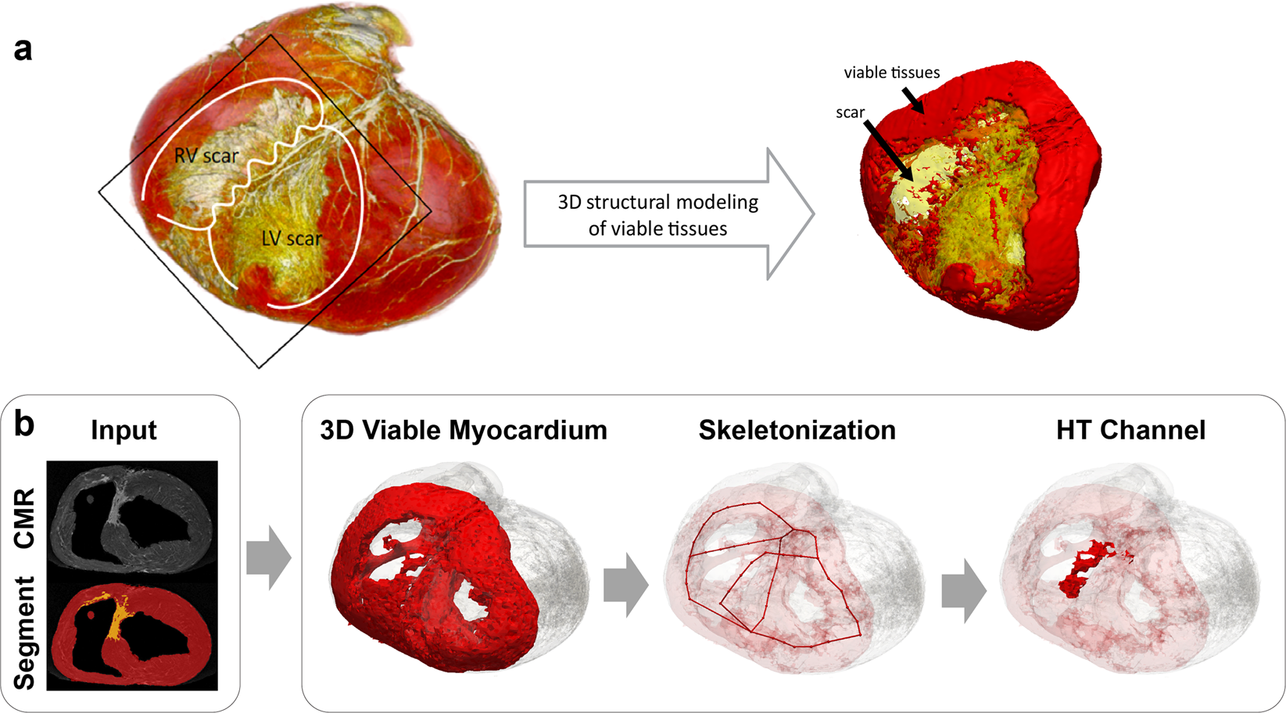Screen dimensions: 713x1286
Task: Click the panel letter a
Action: [x=23, y=49]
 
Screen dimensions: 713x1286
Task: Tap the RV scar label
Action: [x=206, y=156]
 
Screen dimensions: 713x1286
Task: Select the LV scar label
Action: [x=291, y=238]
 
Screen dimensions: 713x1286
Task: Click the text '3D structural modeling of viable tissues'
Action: [x=657, y=215]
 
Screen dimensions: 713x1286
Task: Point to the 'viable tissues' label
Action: [x=891, y=73]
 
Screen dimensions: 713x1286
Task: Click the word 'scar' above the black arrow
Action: [x=850, y=113]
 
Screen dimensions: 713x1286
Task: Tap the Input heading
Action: [x=124, y=430]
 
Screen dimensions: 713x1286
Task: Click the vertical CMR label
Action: [x=24, y=518]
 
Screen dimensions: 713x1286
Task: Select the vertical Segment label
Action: [x=24, y=633]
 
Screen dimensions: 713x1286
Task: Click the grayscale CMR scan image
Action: [x=132, y=520]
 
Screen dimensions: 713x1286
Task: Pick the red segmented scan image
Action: [x=132, y=636]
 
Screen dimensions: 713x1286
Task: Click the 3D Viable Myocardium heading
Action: [x=464, y=430]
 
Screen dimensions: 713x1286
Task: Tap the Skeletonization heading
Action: [x=797, y=430]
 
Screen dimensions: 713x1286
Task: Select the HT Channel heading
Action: [x=1130, y=430]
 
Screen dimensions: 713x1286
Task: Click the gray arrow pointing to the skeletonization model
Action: [x=625, y=585]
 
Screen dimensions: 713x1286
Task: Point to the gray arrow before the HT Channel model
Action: [x=964, y=590]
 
